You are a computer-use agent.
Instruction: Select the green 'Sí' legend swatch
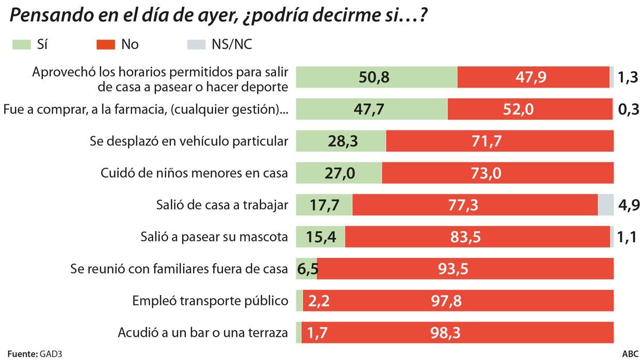(x=22, y=45)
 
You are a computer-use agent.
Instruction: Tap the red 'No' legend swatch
(x=106, y=45)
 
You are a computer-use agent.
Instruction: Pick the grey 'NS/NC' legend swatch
(x=196, y=45)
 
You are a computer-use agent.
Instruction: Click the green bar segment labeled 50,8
(x=376, y=77)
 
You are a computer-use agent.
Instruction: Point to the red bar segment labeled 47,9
(x=533, y=77)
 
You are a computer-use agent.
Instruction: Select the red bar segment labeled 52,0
(x=530, y=109)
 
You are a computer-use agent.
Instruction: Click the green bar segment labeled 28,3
(x=341, y=141)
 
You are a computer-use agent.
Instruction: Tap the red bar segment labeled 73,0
(x=497, y=173)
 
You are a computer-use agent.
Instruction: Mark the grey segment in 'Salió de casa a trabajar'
(x=605, y=205)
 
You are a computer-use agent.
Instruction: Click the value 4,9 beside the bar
(x=629, y=205)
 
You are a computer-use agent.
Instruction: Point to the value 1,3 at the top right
(x=628, y=78)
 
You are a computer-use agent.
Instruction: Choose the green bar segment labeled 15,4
(x=320, y=237)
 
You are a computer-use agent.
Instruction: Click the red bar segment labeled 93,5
(x=465, y=269)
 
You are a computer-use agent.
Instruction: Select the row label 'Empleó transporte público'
(x=210, y=300)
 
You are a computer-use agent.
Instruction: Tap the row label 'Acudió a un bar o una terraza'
(x=202, y=332)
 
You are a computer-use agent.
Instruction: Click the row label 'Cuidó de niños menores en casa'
(x=194, y=173)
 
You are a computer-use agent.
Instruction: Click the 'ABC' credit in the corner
(x=630, y=354)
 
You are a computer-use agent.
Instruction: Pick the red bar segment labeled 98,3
(x=457, y=332)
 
